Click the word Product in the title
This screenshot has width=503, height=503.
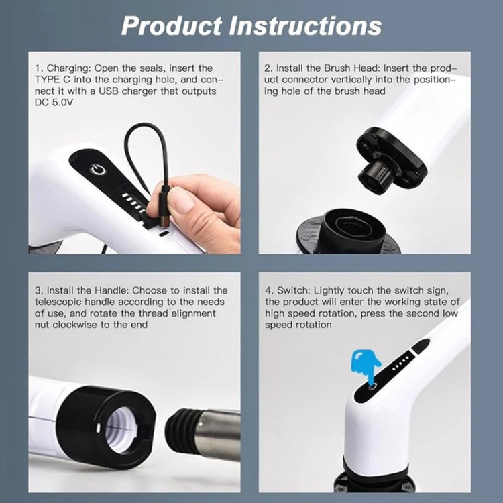[x=172, y=26]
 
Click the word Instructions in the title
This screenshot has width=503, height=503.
[x=304, y=26]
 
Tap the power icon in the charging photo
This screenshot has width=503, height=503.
[x=98, y=170]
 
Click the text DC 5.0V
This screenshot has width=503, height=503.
[x=54, y=103]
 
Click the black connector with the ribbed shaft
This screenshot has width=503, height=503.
[x=391, y=160]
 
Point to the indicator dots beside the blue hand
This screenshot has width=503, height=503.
[x=400, y=363]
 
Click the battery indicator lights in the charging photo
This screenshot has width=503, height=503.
[x=134, y=203]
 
